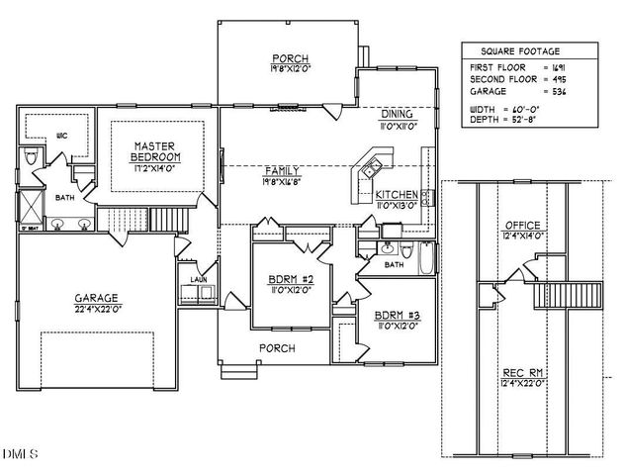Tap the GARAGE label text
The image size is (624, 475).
96,298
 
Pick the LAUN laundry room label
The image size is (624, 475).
199,280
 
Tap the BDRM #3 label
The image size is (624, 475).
399,317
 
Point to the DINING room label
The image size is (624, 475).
401,115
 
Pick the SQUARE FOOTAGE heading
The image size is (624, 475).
520,49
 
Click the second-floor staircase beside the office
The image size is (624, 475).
568,294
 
